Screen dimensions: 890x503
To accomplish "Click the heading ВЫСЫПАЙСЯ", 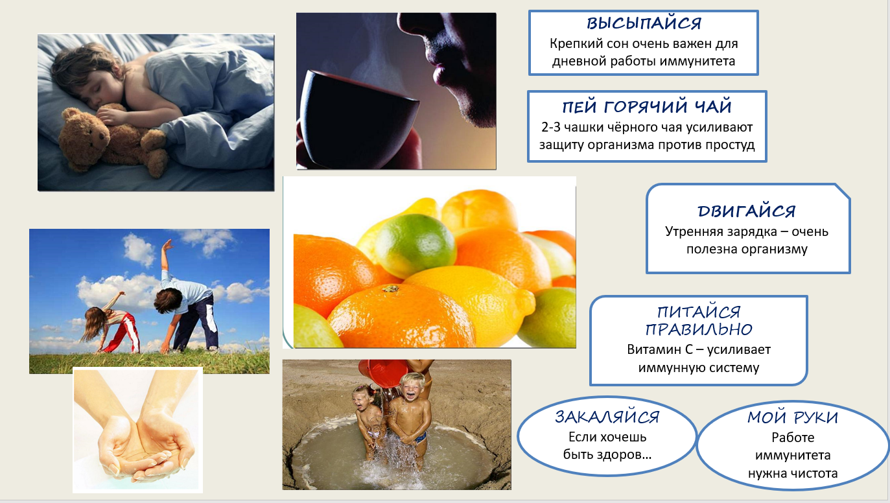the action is coord(644,23).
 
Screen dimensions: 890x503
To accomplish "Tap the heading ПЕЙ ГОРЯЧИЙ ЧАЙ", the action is coord(647,107).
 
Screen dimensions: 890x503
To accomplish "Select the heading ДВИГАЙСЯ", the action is coord(747,211).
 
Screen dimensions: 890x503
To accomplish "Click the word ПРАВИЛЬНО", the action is coord(699,329).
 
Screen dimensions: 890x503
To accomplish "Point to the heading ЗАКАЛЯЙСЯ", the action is coord(607,417).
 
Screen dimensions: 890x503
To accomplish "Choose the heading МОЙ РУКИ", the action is coord(793,417).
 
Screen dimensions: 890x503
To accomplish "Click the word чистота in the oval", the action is coord(812,473).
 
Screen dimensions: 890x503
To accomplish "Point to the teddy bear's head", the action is coord(86,126).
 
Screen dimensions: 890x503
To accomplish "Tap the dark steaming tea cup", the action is coord(358,119).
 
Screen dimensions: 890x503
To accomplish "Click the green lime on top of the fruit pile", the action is coord(416,246).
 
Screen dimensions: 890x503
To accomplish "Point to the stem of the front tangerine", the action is coord(390,288).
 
